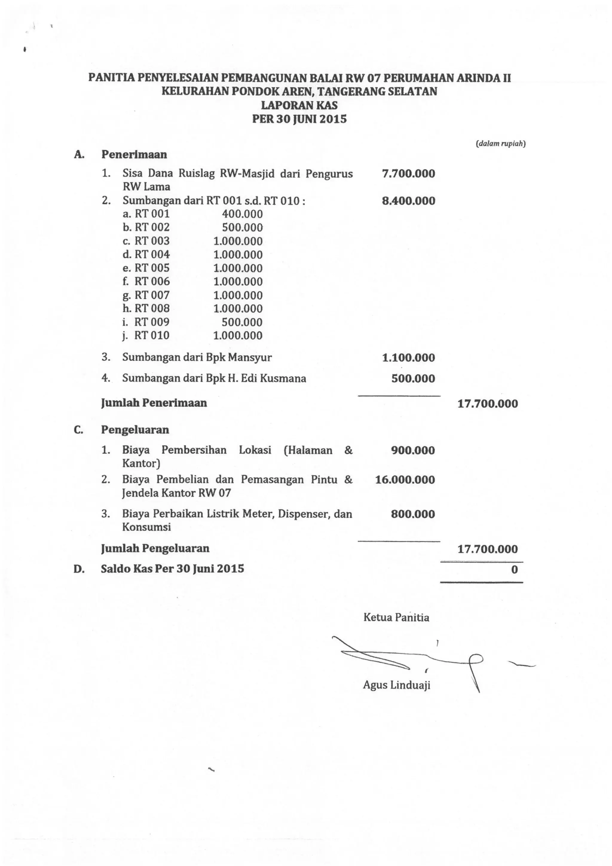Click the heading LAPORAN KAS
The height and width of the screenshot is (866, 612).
click(x=299, y=105)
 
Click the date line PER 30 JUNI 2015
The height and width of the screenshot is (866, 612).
click(x=299, y=119)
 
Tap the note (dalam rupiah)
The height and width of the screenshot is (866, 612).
click(x=501, y=144)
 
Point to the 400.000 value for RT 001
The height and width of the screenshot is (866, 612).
click(x=242, y=214)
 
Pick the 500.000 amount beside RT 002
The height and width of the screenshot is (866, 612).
click(x=242, y=227)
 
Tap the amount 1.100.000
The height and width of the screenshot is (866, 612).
click(x=408, y=358)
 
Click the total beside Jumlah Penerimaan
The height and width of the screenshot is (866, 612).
click(x=488, y=404)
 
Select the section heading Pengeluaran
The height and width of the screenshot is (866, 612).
click(x=135, y=430)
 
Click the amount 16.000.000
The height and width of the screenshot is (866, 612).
click(x=405, y=480)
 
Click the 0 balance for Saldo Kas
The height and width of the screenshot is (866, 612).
click(x=514, y=569)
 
